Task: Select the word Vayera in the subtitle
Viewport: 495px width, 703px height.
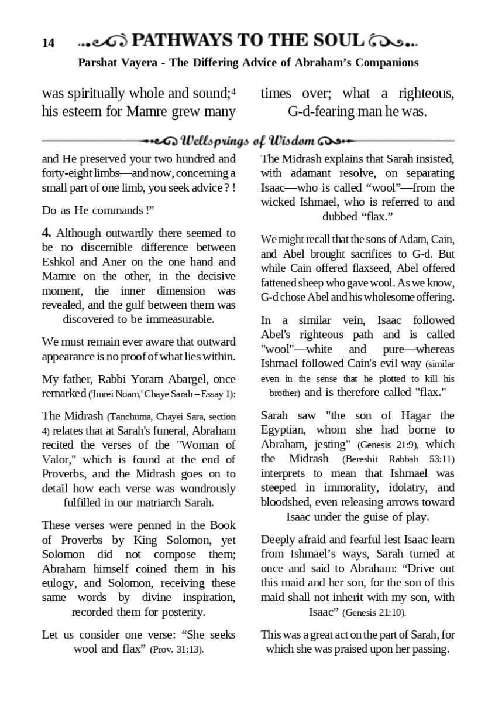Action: coord(140,62)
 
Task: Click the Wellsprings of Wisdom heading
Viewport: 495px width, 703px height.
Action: coord(248,141)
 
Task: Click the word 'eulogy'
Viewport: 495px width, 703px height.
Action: coord(60,583)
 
